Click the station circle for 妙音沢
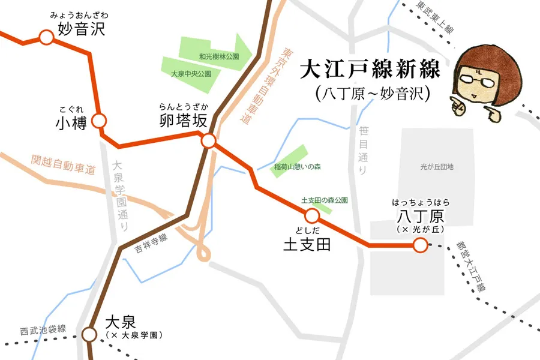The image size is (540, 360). (46, 38)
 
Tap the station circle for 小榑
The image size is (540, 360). (100, 121)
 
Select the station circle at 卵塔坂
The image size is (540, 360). (208, 142)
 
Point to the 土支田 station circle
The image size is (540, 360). (311, 216)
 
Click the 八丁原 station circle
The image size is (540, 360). (420, 245)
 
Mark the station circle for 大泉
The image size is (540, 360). (89, 334)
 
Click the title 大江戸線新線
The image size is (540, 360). (370, 70)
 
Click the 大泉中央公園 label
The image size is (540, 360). (191, 74)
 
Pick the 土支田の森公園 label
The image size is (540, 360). (324, 200)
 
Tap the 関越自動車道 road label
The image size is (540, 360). (63, 164)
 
